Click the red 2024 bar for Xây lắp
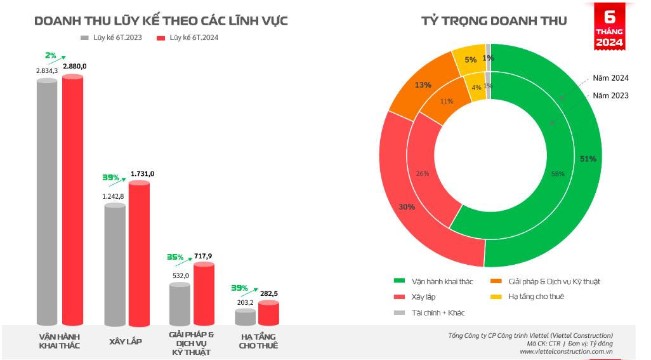[139, 254]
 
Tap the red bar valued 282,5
[268, 314]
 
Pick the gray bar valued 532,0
[180, 305]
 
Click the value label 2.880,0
[75, 66]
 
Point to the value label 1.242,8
[114, 196]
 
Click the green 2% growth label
[51, 55]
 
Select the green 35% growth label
[175, 257]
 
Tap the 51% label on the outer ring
[588, 159]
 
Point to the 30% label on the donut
[407, 206]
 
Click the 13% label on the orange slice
[405, 84]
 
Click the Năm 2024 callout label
[610, 78]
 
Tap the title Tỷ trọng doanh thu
[494, 21]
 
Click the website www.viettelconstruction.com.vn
[566, 351]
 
